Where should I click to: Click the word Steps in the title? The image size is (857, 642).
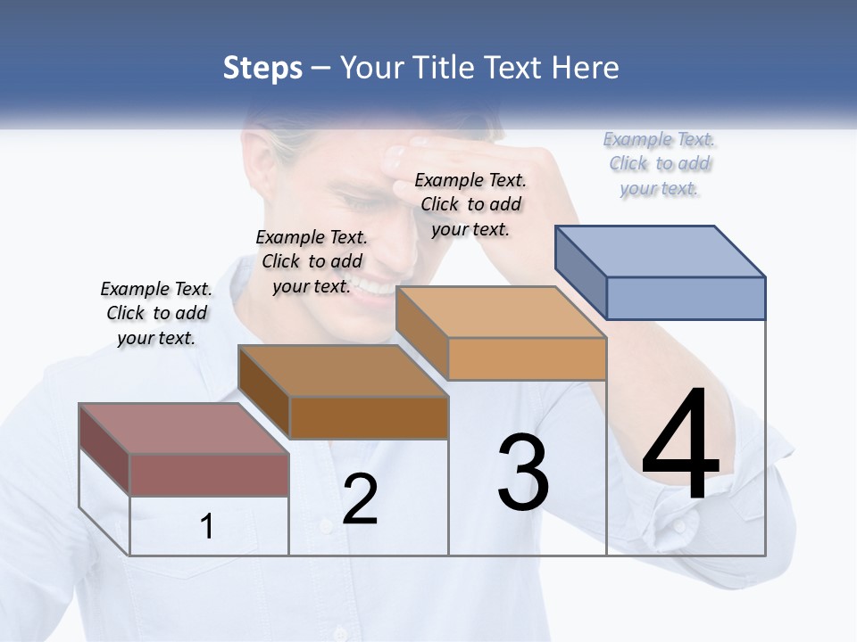(x=262, y=69)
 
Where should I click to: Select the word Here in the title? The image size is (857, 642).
(x=587, y=69)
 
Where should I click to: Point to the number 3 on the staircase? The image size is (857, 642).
(x=523, y=472)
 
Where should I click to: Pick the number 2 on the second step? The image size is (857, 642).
(x=360, y=499)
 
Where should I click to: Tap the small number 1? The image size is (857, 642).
(x=206, y=526)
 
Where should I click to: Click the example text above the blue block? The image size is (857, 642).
(x=660, y=164)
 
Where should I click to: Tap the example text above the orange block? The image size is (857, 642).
(x=470, y=204)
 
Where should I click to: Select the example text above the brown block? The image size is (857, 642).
(x=312, y=261)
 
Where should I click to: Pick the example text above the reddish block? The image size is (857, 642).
(x=156, y=313)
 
